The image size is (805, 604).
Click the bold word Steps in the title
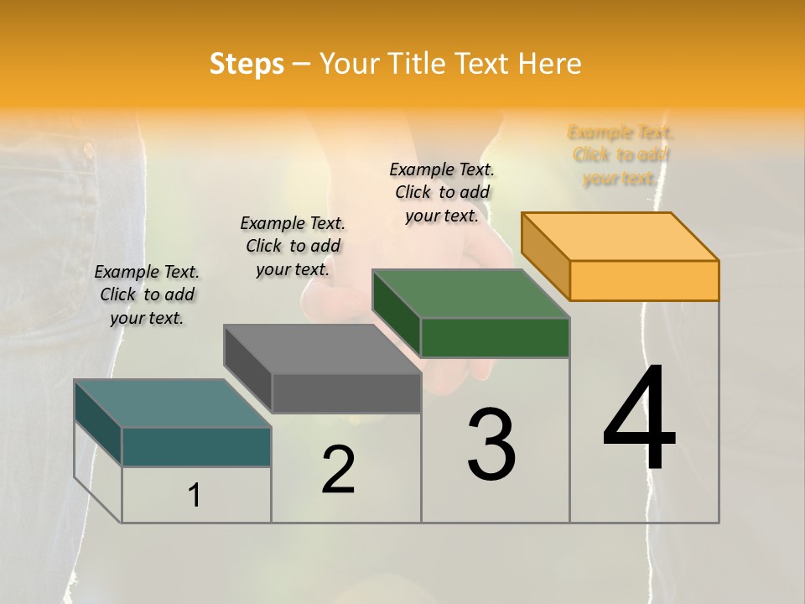(x=247, y=64)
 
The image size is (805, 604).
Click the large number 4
(x=639, y=419)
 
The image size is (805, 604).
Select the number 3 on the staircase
(x=491, y=445)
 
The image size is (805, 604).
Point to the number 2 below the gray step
(x=339, y=470)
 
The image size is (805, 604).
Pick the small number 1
(x=195, y=496)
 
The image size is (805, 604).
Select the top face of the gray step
(x=322, y=349)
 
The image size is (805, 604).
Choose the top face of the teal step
(x=173, y=404)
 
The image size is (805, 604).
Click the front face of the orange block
(x=644, y=280)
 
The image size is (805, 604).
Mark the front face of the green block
(x=495, y=337)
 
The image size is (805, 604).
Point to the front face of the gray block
(x=345, y=393)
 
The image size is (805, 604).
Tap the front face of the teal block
(x=196, y=446)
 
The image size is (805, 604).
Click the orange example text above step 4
(x=621, y=155)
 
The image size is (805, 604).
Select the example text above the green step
(x=442, y=192)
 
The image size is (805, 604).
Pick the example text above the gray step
(x=293, y=246)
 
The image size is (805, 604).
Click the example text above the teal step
(x=147, y=294)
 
